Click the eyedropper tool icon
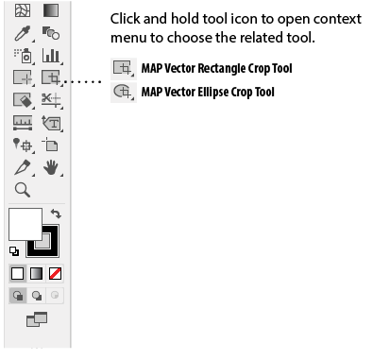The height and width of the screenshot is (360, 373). point(23,33)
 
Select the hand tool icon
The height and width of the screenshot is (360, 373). point(51,167)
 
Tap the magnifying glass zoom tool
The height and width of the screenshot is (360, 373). point(23,190)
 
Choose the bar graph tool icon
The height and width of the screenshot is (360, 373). point(51,56)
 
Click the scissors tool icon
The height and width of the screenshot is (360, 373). point(51,100)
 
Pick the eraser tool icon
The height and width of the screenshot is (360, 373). point(23,100)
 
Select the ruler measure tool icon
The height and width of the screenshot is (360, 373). point(23,123)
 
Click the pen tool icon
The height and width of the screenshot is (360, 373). point(23,167)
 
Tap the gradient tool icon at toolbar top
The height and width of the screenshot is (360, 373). point(51,10)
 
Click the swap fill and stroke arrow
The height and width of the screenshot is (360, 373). point(56,214)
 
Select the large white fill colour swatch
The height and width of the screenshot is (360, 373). point(25,224)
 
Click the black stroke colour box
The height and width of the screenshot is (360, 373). point(42,241)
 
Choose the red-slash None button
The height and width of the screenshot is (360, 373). point(55,273)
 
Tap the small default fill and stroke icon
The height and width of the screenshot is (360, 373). point(14,251)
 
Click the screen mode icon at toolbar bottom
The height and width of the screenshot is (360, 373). point(37,319)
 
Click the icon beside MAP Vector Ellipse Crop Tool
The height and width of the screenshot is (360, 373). point(123,92)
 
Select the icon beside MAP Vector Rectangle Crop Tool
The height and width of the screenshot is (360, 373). point(123,68)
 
